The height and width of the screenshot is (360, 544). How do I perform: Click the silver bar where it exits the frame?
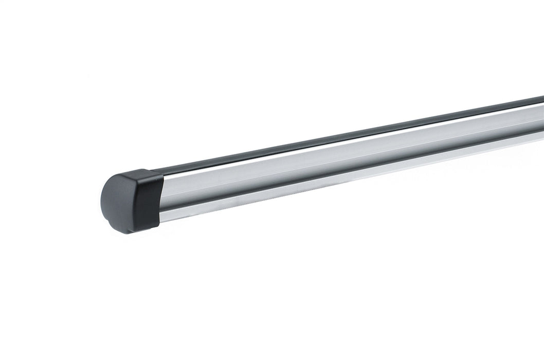pyautogui.click(x=540, y=121)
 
